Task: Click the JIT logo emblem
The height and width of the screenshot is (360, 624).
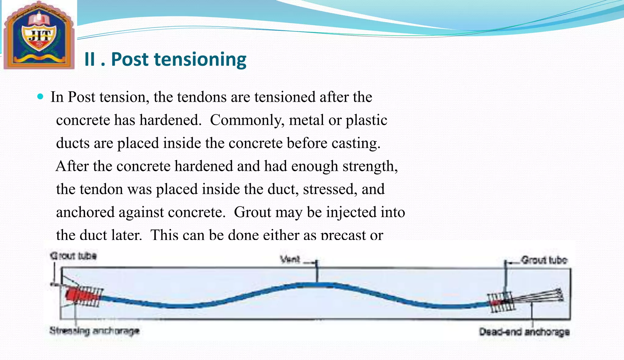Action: pos(39,35)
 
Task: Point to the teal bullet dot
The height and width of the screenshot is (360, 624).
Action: pos(40,97)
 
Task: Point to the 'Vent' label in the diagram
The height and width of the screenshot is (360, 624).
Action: pos(290,259)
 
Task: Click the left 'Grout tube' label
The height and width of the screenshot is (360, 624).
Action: pos(73,256)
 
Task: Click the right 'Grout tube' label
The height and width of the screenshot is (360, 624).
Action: pos(544,260)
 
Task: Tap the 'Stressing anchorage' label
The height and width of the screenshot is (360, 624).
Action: pos(94,331)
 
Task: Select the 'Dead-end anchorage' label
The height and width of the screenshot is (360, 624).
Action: pos(524,332)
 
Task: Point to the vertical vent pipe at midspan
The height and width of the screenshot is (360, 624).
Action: pos(317,272)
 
